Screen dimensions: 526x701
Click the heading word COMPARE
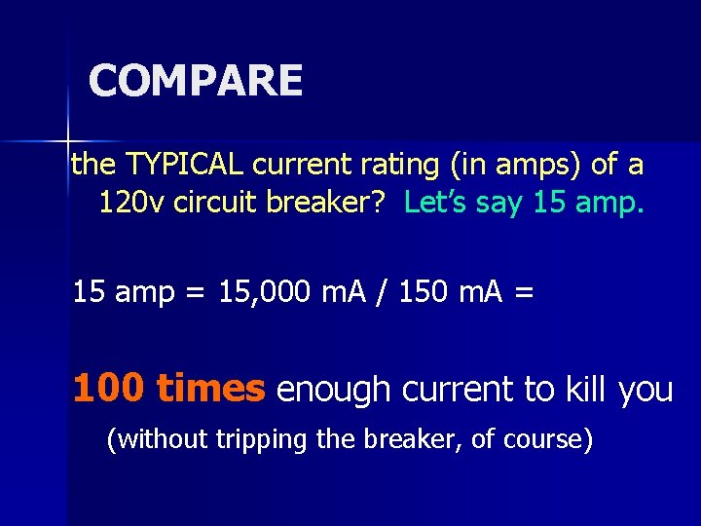click(x=196, y=80)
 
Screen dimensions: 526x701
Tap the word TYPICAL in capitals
click(x=174, y=165)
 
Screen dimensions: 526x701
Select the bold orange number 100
click(x=110, y=389)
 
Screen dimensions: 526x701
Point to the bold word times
click(x=210, y=389)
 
